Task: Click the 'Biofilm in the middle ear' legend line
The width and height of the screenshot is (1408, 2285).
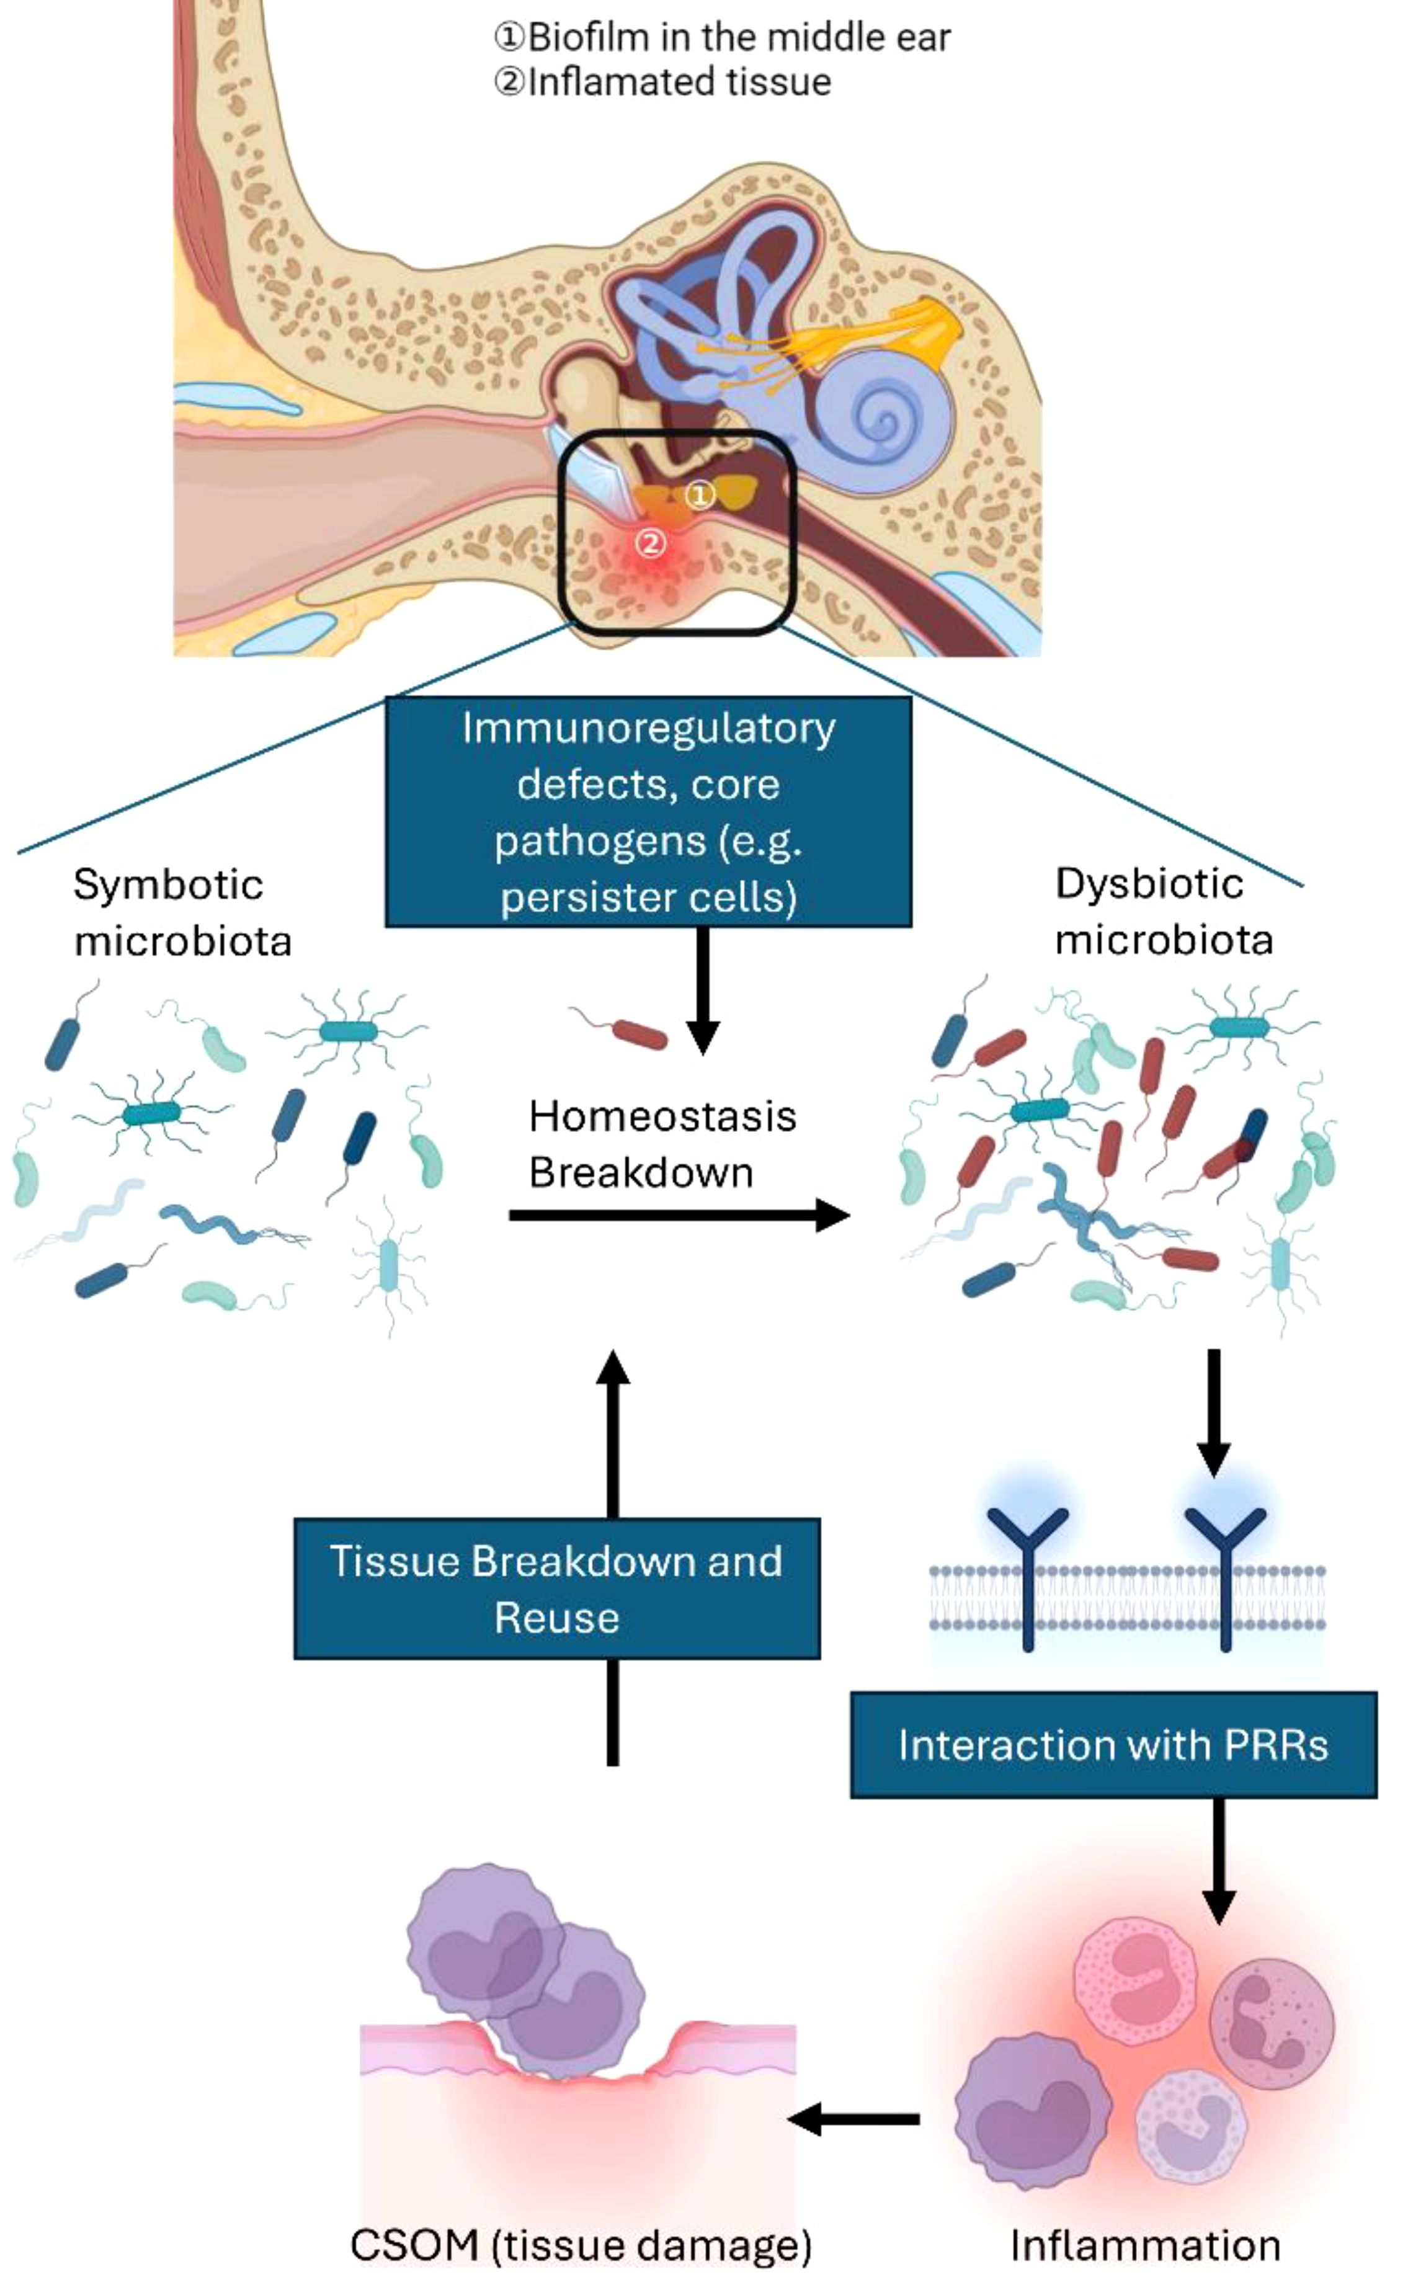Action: [723, 37]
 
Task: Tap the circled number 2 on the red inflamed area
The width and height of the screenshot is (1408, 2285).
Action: [651, 543]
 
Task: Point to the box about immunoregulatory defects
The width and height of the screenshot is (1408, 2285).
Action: [648, 812]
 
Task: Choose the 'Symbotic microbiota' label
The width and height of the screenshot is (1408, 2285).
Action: [182, 912]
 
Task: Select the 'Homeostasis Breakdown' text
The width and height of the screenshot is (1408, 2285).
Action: [662, 1144]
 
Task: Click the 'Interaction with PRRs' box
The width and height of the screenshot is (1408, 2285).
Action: [1113, 1745]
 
